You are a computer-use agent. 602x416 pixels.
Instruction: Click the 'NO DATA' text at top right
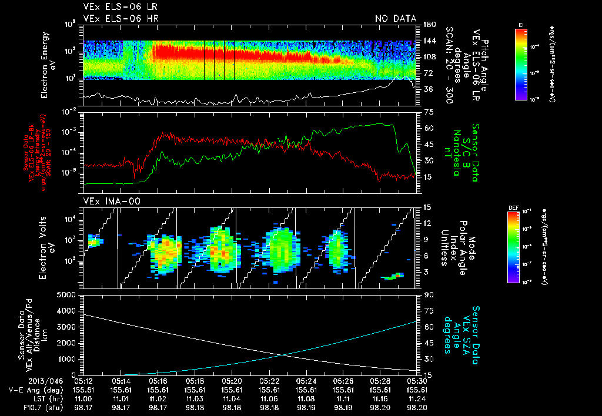click(x=395, y=19)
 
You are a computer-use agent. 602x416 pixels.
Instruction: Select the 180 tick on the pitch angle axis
click(x=429, y=24)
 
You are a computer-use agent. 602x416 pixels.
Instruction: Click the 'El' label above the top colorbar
click(x=521, y=24)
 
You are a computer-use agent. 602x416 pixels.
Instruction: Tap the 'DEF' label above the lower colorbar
click(x=512, y=207)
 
